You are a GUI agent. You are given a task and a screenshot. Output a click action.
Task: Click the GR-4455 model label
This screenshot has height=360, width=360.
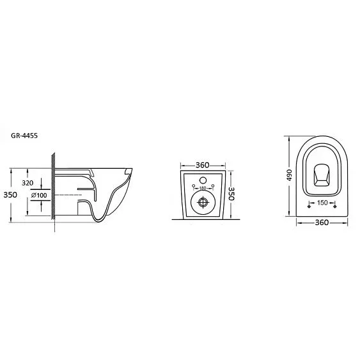(24, 136)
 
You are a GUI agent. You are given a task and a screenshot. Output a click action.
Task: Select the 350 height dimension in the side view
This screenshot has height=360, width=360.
(10, 195)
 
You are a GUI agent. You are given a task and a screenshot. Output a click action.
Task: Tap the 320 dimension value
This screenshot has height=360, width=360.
(27, 183)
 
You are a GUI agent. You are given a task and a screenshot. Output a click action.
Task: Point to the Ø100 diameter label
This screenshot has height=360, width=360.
(39, 196)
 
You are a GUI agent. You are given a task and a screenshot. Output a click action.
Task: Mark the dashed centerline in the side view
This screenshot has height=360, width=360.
(68, 194)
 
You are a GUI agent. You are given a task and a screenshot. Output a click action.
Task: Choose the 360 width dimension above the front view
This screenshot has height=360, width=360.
(203, 165)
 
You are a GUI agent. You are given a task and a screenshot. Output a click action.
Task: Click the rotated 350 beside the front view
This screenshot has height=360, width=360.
(231, 194)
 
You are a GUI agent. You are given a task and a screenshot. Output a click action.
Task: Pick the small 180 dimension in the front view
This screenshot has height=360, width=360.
(203, 188)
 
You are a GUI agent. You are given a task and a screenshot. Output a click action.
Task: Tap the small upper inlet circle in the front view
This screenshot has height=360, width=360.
(203, 180)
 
